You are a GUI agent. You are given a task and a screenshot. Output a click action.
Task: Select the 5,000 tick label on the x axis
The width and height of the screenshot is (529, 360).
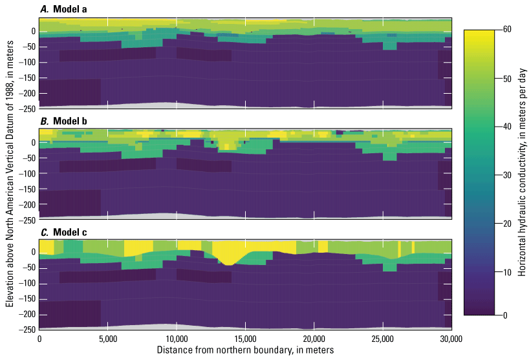point(108,339)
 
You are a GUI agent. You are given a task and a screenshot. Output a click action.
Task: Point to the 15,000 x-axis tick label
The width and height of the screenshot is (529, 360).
point(245,339)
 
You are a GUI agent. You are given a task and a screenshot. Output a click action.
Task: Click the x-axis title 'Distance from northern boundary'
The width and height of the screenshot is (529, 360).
point(245,350)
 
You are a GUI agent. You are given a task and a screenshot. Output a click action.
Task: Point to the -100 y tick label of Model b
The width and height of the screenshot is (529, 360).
point(26,174)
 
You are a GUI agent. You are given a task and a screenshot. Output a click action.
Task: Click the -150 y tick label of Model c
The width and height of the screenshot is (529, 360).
point(26,299)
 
